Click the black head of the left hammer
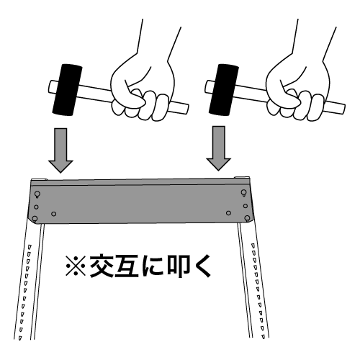(67, 90)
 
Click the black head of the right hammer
(224, 90)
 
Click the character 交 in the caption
(102, 266)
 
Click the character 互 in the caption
(127, 266)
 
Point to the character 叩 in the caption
(179, 266)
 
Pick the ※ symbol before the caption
(76, 266)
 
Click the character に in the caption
(153, 266)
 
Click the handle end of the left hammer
(184, 109)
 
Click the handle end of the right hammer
(341, 109)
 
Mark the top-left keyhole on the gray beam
(37, 194)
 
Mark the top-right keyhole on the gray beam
(243, 193)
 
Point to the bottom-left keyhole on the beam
(35, 219)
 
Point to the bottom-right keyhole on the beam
(247, 218)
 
